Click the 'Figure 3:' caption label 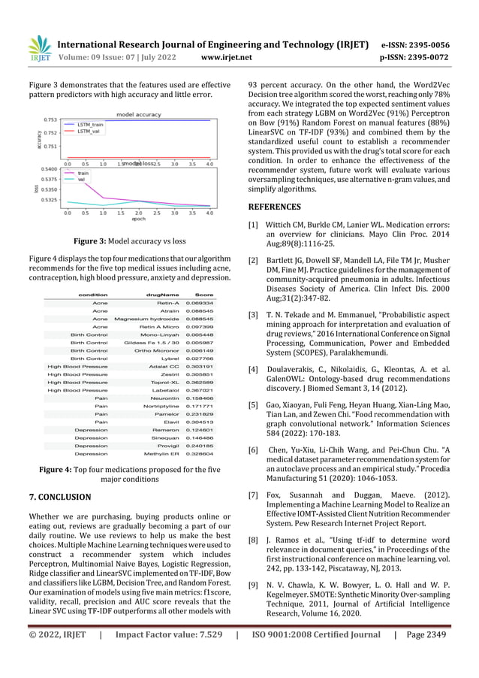tap(93, 242)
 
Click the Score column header tap(203, 295)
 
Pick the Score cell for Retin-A tap(199, 302)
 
